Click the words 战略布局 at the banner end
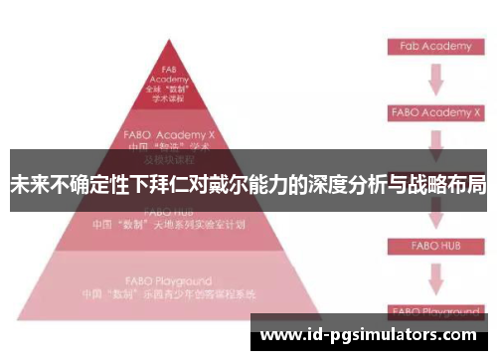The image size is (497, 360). [x=444, y=185]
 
